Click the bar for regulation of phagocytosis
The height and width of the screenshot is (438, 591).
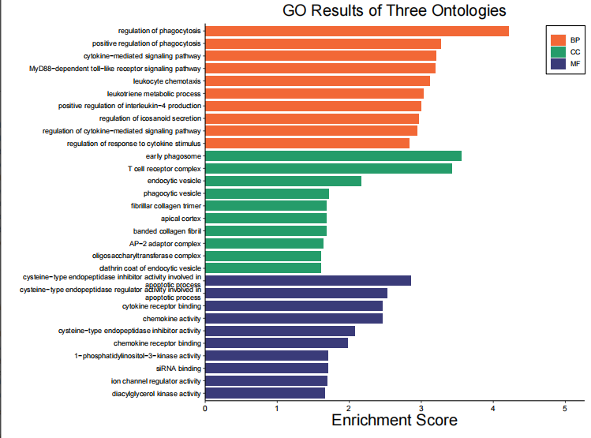point(357,31)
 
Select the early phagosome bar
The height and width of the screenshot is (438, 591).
point(333,156)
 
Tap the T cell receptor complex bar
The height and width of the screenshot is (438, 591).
point(328,168)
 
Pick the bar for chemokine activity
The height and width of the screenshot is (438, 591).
point(294,318)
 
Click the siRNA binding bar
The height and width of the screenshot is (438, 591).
point(267,368)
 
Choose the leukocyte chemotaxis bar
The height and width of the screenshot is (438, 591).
point(317,80)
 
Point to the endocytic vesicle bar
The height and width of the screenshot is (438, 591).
point(283,181)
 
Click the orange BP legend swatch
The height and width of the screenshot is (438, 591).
point(559,39)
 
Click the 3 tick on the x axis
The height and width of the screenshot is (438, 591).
point(421,408)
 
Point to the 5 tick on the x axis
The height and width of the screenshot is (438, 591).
point(565,408)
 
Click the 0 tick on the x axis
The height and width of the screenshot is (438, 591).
point(205,408)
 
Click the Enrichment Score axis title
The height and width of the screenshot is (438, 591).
point(394,421)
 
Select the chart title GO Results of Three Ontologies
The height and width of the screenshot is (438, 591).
point(394,11)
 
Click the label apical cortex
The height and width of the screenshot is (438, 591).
point(181,218)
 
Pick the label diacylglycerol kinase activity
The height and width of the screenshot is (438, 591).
point(156,393)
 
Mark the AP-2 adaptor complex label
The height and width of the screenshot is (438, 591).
point(166,243)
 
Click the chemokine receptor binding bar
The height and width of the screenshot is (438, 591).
point(276,343)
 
